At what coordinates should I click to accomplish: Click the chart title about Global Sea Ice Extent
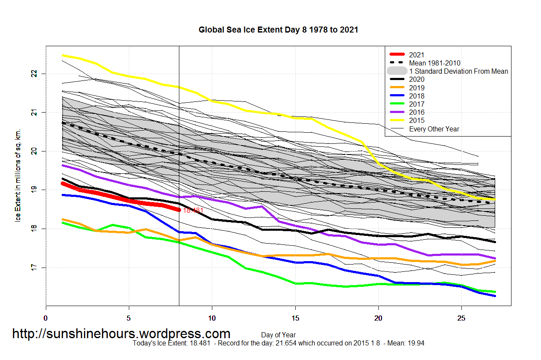click(x=278, y=30)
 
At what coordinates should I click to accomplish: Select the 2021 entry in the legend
click(x=416, y=55)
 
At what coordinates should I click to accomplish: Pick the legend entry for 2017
click(x=416, y=104)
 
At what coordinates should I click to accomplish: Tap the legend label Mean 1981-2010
click(x=434, y=63)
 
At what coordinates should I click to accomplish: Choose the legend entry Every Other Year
click(x=434, y=129)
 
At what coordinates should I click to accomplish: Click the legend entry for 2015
click(x=416, y=121)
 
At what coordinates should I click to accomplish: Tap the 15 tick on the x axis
click(x=295, y=318)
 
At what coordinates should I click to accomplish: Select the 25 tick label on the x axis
click(x=461, y=318)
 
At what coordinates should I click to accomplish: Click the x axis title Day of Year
click(x=278, y=335)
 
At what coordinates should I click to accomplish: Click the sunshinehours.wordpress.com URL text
click(x=121, y=333)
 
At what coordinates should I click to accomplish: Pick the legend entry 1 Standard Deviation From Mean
click(x=458, y=71)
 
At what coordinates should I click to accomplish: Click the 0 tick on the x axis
click(x=46, y=318)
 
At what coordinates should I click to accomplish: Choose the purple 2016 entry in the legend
click(x=416, y=112)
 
